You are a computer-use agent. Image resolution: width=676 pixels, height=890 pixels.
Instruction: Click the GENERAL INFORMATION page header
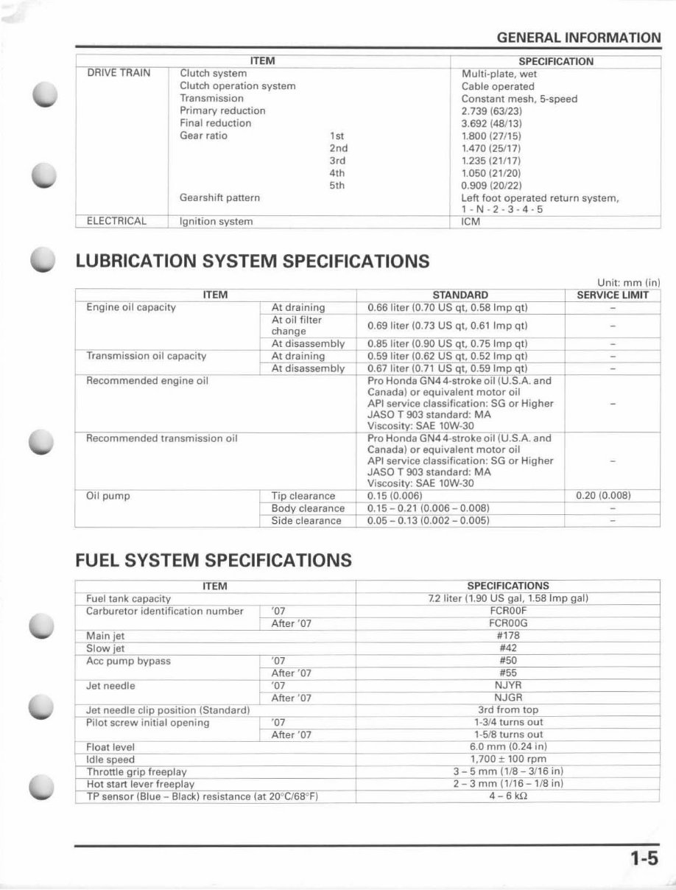coord(578,38)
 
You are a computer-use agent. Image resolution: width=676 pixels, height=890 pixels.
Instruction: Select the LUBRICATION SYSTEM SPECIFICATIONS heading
coord(252,261)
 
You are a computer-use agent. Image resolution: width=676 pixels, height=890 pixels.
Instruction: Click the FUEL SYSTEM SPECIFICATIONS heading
coord(213,561)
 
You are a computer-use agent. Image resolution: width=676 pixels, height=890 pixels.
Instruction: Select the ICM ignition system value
coord(471,222)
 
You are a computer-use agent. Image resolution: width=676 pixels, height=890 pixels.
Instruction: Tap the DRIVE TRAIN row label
coord(119,73)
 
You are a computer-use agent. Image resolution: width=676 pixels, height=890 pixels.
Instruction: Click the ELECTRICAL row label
coord(116,221)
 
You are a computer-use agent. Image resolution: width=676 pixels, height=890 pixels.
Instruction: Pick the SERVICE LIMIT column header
coord(613,295)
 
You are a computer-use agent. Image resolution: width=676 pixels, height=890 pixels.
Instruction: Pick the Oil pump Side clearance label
coord(306,521)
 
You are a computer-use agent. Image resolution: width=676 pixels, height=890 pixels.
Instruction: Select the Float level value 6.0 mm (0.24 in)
coord(508,747)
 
